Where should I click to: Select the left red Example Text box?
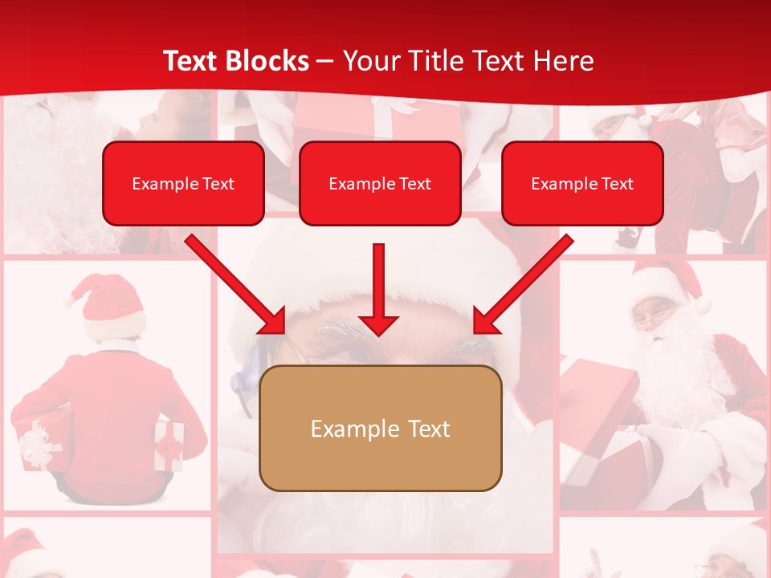(x=183, y=184)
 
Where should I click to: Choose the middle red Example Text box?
(x=380, y=184)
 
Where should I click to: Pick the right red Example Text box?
(x=582, y=184)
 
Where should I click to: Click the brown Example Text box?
(x=380, y=429)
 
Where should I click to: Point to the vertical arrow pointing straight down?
(x=379, y=285)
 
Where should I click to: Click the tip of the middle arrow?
(x=379, y=331)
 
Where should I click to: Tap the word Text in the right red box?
(x=617, y=184)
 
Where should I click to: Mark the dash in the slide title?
(x=325, y=62)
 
